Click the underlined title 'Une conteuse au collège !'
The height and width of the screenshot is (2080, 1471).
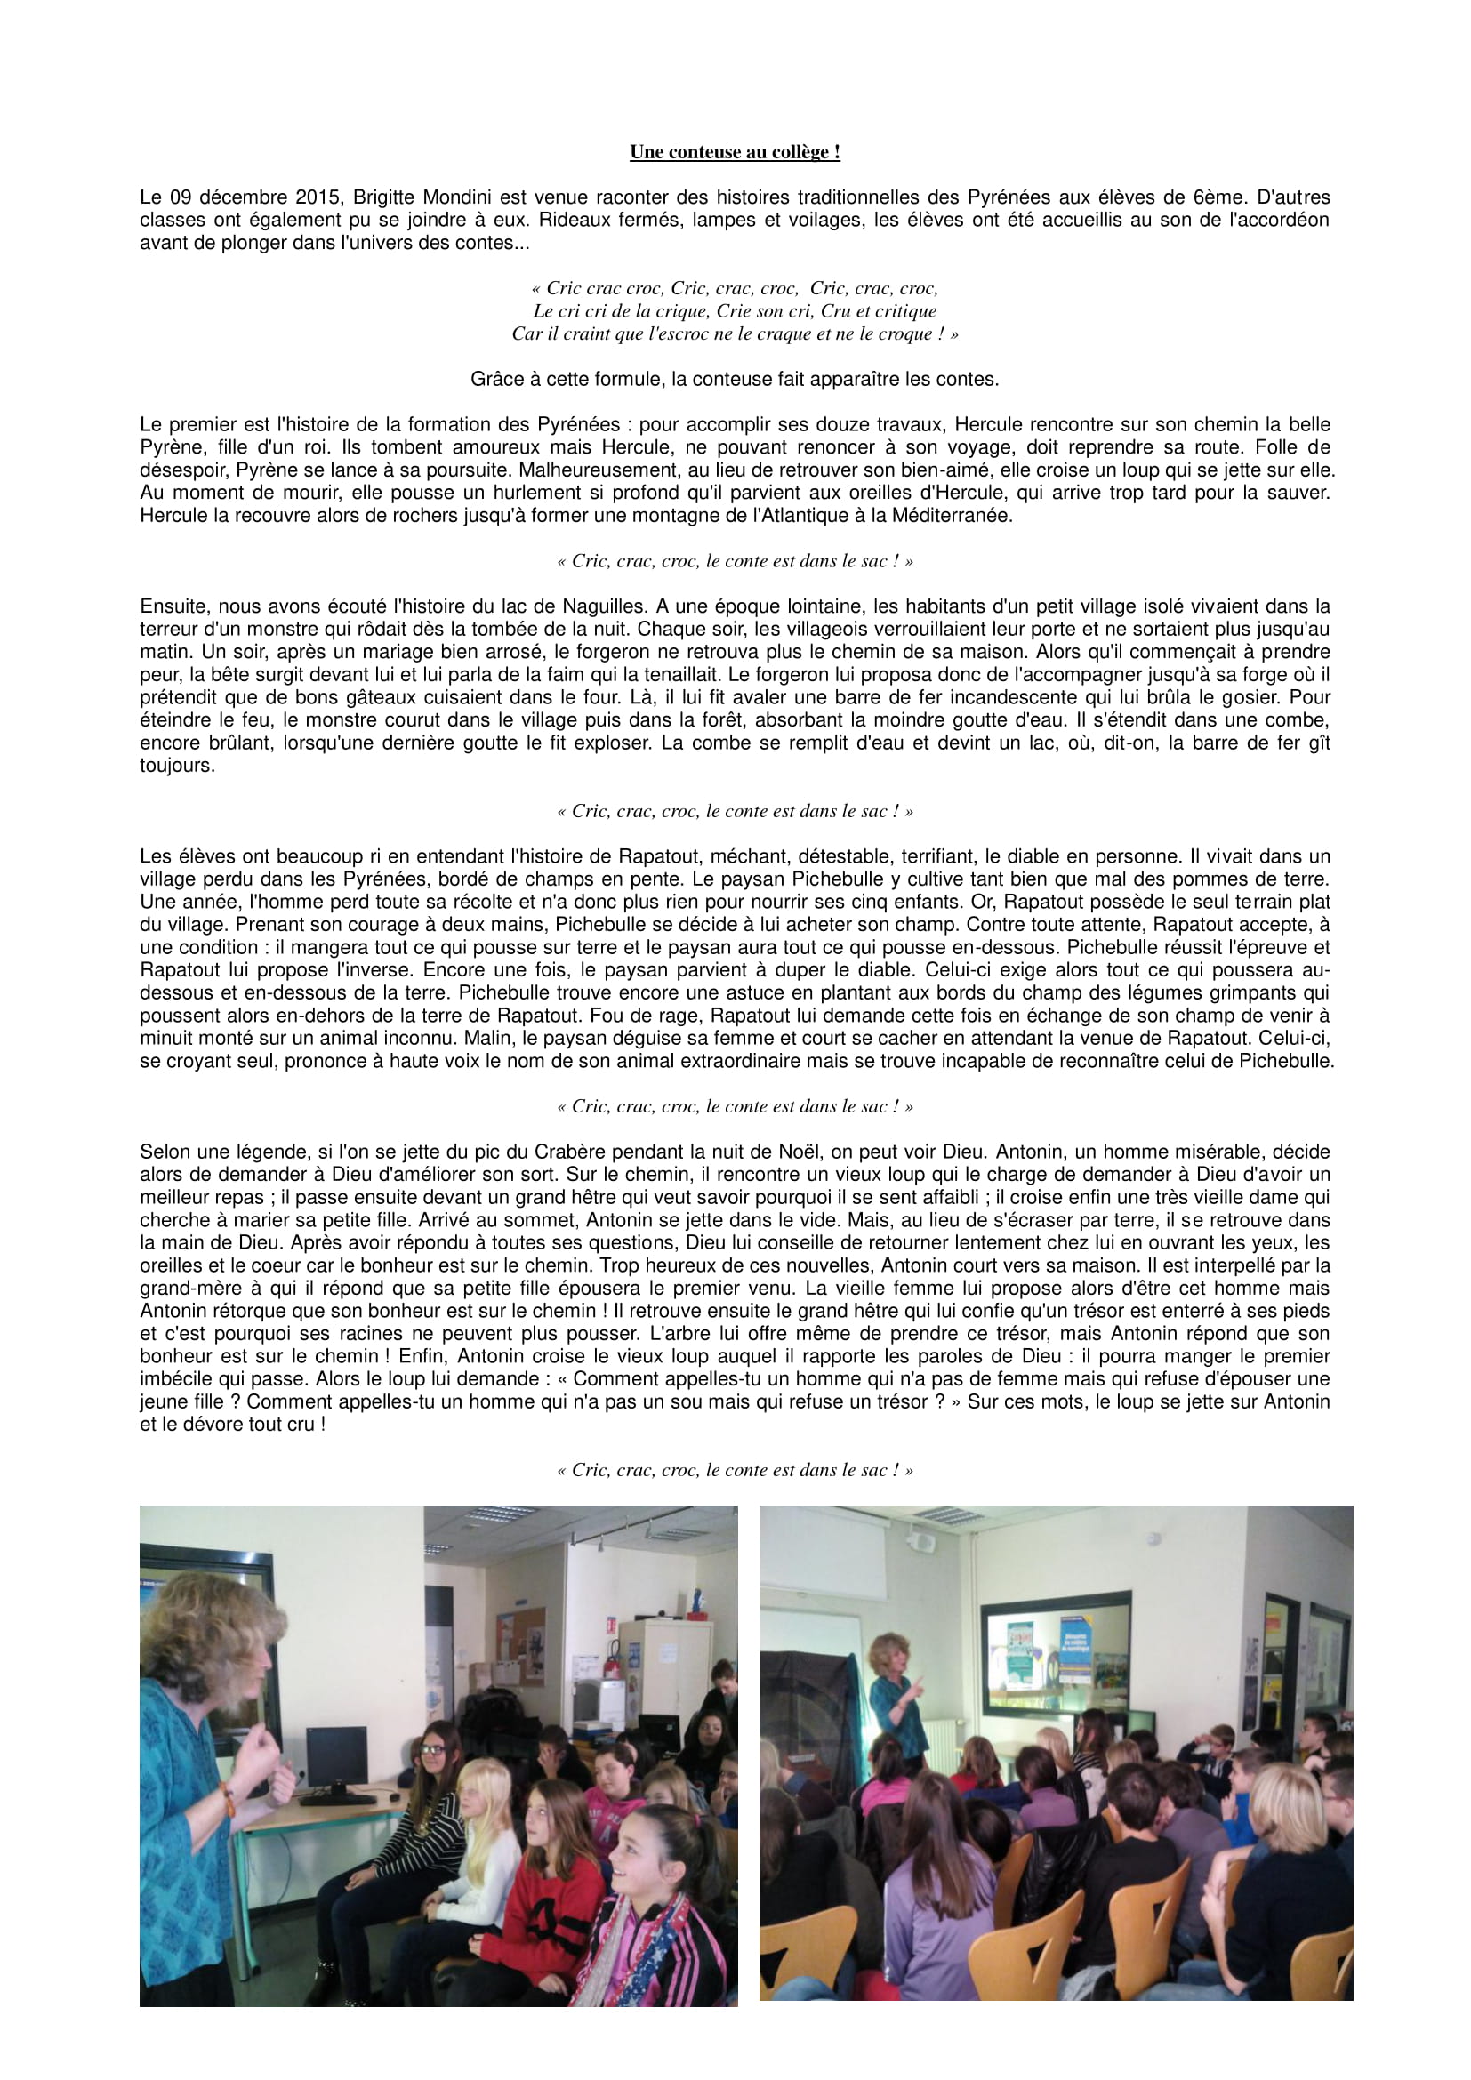735,152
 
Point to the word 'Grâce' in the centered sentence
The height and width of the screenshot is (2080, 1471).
494,380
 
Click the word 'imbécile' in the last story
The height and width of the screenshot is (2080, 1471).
176,1380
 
